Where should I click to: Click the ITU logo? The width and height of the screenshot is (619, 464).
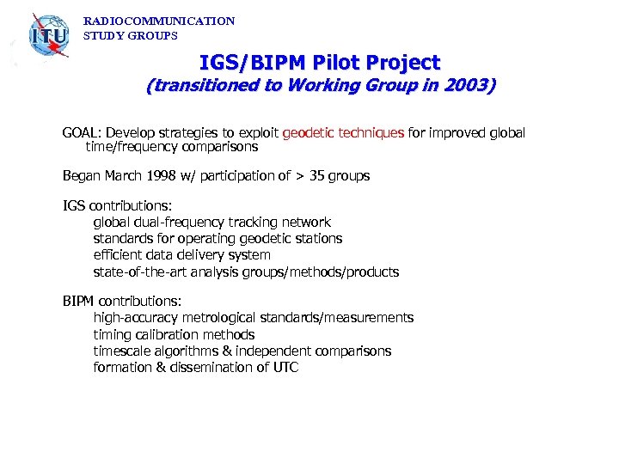click(48, 36)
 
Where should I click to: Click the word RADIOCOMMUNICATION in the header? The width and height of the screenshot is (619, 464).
click(159, 21)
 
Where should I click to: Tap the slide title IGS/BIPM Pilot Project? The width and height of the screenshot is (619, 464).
click(320, 63)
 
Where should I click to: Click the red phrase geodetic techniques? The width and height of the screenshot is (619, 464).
click(343, 132)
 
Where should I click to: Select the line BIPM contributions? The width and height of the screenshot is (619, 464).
click(122, 302)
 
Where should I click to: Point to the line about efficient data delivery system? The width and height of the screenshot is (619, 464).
click(181, 255)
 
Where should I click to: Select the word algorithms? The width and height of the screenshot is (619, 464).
click(182, 351)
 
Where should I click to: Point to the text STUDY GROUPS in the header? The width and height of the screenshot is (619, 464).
click(131, 36)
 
